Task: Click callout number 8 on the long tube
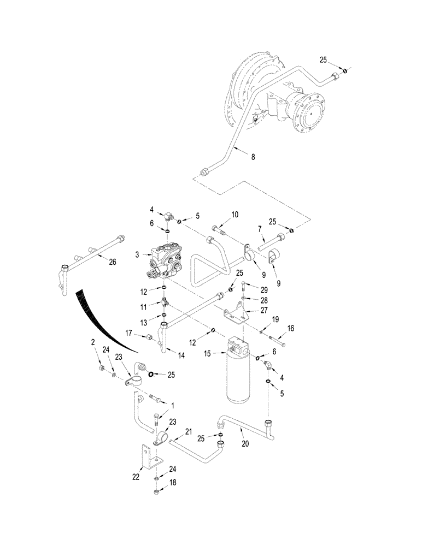253,156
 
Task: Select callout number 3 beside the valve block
138,254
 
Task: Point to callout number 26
113,262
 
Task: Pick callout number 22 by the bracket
136,476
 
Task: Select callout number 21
189,431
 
